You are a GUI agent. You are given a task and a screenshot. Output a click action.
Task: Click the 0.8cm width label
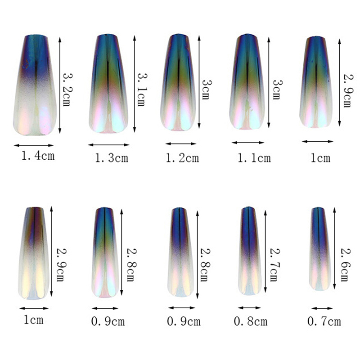(x=251, y=321)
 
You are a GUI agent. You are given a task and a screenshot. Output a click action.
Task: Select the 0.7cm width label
(x=324, y=321)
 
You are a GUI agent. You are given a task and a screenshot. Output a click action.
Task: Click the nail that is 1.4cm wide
(x=33, y=85)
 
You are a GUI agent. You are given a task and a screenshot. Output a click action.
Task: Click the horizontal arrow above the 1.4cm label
(x=34, y=145)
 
